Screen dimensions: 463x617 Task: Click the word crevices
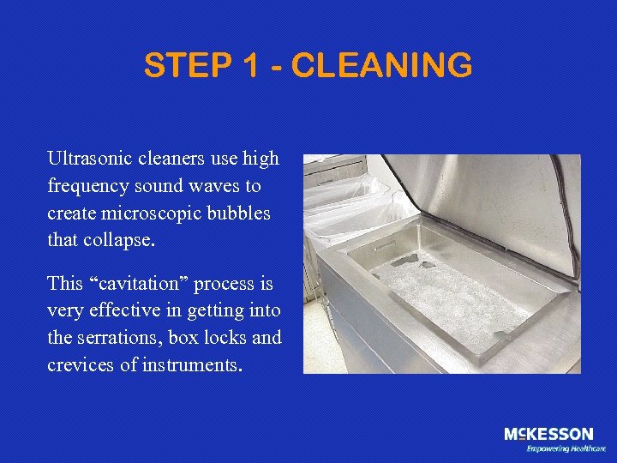80,364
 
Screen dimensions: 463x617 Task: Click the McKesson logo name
548,435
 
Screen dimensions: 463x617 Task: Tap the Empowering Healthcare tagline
566,448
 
